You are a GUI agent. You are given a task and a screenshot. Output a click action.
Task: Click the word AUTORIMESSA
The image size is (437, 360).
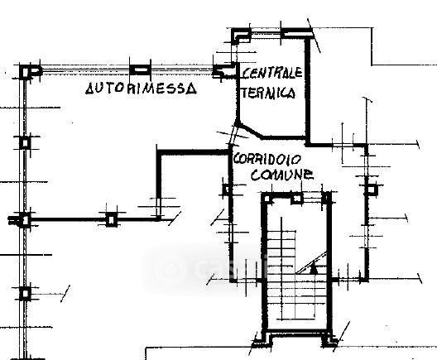(x=141, y=89)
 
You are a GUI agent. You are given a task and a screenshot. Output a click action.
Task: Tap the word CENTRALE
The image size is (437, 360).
(x=272, y=73)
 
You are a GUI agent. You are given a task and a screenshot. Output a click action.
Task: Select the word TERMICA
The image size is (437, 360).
(x=268, y=92)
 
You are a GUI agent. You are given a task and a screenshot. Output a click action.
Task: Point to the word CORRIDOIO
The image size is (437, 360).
(x=267, y=160)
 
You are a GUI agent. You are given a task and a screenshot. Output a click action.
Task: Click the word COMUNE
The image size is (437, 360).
(x=282, y=175)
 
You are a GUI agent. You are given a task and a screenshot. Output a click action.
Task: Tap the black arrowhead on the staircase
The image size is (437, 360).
(x=314, y=270)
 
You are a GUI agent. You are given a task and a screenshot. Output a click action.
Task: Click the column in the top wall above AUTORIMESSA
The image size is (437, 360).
(x=140, y=70)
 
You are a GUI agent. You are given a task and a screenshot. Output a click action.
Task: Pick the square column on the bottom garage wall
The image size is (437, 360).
(x=112, y=220)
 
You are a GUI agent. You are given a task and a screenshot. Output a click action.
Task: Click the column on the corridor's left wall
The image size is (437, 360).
(x=227, y=190)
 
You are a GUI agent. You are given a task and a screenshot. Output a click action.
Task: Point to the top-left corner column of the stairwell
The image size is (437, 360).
(x=267, y=199)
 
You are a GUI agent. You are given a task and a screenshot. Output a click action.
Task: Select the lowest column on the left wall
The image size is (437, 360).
(x=25, y=294)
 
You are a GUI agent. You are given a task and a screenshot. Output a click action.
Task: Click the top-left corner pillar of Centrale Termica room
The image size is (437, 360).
(x=242, y=36)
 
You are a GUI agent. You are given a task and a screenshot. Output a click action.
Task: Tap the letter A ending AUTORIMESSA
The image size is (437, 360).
(x=191, y=89)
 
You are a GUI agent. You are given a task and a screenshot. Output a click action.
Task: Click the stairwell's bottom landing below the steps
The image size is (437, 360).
(x=296, y=324)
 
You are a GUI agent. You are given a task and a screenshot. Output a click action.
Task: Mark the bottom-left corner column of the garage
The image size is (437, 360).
(x=25, y=220)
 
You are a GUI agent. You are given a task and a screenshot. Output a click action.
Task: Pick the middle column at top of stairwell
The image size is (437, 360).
(x=296, y=199)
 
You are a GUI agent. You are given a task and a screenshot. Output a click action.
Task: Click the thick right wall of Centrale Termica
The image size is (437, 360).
(x=308, y=90)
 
